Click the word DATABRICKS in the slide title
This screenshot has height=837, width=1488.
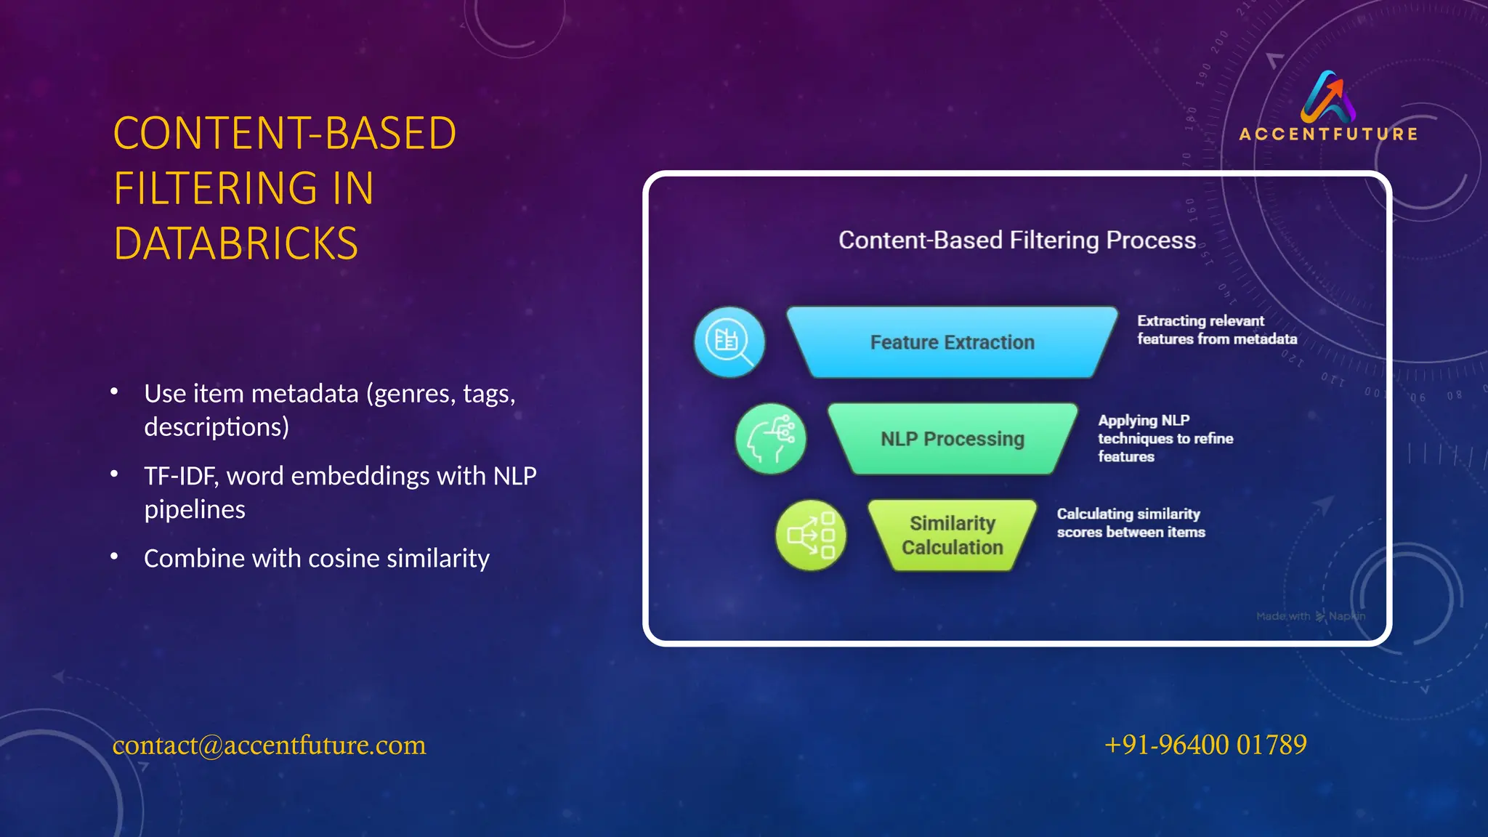pos(236,243)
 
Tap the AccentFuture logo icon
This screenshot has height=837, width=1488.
pos(1328,97)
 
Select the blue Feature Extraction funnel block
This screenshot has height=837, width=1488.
pos(952,342)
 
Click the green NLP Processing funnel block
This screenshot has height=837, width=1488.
pos(952,439)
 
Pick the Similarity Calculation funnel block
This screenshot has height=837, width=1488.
pos(952,535)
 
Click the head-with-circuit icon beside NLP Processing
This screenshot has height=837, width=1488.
pos(771,439)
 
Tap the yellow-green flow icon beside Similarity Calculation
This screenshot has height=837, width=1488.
pos(811,535)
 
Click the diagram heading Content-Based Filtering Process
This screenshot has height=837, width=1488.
pos(1016,240)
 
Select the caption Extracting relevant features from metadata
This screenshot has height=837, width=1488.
pos(1217,330)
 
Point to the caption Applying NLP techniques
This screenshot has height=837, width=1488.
pos(1165,438)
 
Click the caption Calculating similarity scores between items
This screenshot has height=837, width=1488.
pos(1131,523)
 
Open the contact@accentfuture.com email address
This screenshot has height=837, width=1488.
pos(269,745)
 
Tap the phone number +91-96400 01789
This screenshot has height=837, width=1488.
pos(1205,745)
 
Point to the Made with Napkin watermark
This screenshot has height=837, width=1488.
pos(1311,616)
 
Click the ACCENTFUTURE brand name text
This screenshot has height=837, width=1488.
pos(1328,134)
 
